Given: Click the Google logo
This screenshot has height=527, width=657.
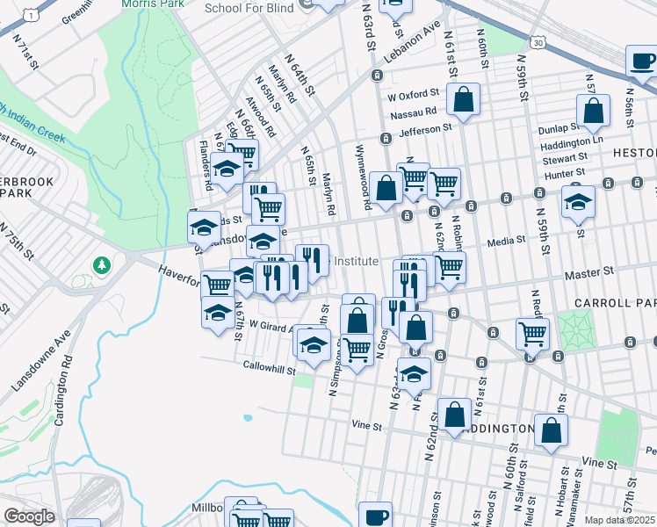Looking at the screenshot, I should tap(28, 516).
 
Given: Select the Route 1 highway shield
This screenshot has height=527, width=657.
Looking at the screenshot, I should tap(32, 15).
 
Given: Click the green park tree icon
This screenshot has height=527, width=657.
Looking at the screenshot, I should tap(103, 264).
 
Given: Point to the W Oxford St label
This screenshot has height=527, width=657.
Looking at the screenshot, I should tap(412, 94).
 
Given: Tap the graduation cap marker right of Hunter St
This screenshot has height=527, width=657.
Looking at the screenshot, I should tap(578, 201).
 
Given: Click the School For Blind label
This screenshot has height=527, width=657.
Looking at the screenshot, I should tap(248, 9).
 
